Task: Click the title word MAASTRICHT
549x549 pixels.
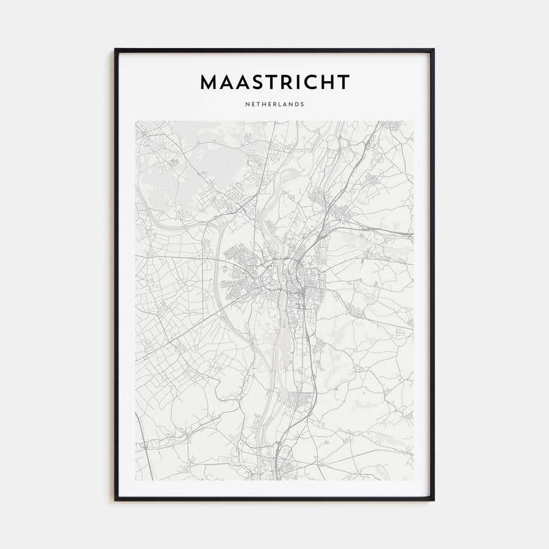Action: [274, 82]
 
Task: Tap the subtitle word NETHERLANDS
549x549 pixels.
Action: [274, 104]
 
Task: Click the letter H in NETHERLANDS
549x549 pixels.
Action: [263, 104]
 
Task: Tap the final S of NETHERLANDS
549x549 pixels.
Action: [303, 104]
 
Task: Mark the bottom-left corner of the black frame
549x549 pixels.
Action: [115, 500]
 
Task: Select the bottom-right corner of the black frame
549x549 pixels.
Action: [434, 500]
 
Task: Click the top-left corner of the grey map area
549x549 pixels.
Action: [136, 121]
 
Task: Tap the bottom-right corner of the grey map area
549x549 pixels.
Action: [413, 480]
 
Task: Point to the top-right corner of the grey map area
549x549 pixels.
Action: [413, 121]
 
